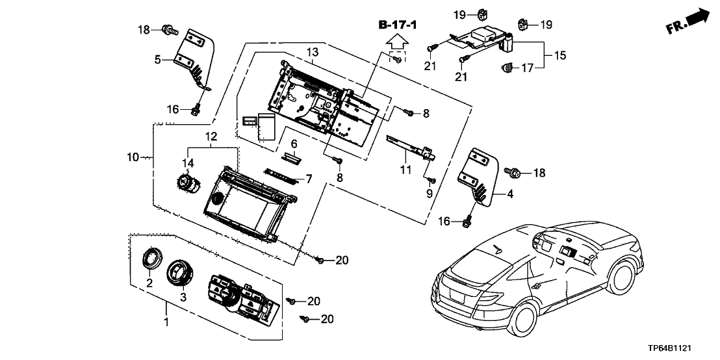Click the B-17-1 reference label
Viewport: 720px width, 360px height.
[x=398, y=25]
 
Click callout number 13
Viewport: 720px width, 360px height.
[x=312, y=52]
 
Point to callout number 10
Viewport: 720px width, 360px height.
[x=133, y=157]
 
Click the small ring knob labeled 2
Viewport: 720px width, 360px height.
[x=151, y=260]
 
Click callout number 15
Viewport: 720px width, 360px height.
[x=559, y=56]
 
